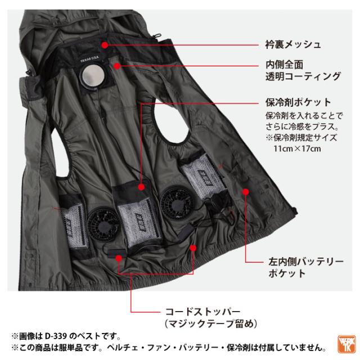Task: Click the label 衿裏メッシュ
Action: (x=293, y=44)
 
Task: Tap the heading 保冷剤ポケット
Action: (x=298, y=102)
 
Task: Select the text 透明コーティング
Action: (x=303, y=76)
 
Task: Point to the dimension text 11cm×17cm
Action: (x=297, y=148)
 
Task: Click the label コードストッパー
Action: (x=202, y=312)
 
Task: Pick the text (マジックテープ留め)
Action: (x=211, y=324)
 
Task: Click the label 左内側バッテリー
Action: (x=306, y=262)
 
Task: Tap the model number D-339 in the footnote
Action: (x=56, y=336)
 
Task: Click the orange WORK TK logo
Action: (x=346, y=344)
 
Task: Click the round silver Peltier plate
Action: (x=93, y=75)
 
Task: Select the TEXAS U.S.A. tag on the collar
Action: (x=90, y=59)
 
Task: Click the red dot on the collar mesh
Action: (x=105, y=45)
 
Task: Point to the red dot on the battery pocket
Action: (x=246, y=192)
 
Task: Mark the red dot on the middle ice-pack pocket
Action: (x=141, y=187)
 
